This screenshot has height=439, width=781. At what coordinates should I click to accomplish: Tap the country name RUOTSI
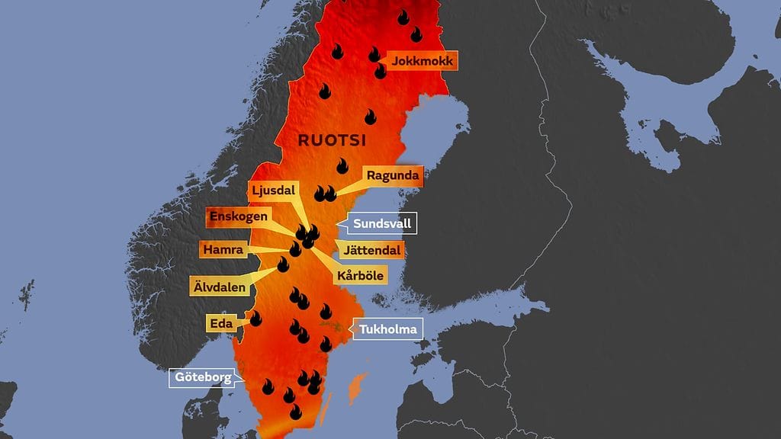[x=332, y=140]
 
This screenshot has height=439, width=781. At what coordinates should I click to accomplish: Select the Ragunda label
[x=392, y=176]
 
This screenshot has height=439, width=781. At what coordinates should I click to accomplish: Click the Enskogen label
[x=240, y=216]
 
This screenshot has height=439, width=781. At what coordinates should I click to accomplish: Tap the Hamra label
[x=223, y=249]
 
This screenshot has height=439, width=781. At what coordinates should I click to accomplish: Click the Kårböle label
[x=358, y=275]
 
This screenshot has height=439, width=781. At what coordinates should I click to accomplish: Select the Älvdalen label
[x=218, y=287]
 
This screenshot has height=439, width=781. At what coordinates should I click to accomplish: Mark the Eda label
[x=219, y=323]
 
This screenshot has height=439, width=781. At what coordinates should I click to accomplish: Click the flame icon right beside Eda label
[x=256, y=319]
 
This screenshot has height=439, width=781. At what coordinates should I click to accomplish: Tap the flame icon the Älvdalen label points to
[x=283, y=264]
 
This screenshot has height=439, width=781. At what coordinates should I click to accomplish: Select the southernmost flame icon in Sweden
[x=295, y=412]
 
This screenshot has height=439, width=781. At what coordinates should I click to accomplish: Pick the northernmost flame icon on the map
[x=403, y=16]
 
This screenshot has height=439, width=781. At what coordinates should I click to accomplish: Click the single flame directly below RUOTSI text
[x=342, y=165]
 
